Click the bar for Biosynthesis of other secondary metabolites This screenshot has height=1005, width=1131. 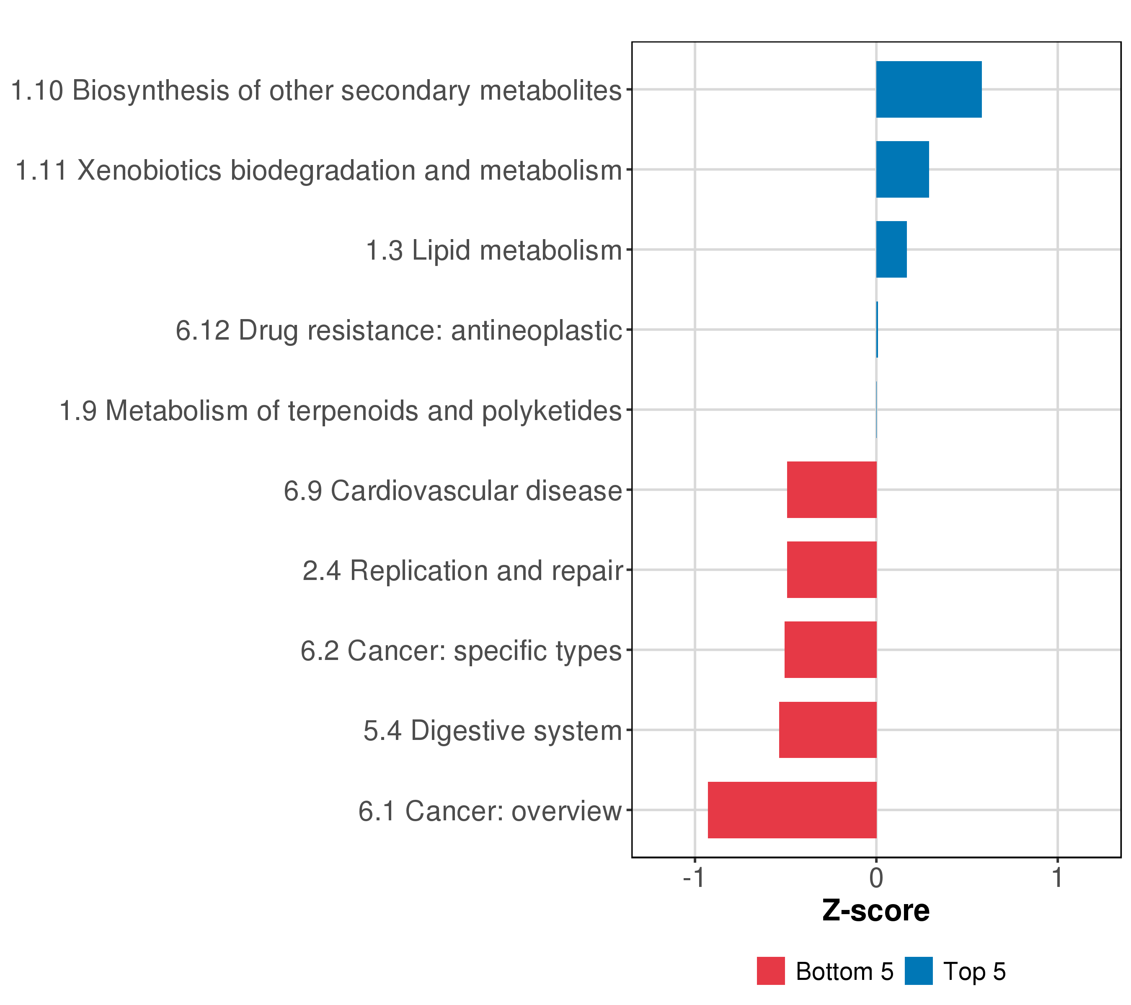(x=929, y=90)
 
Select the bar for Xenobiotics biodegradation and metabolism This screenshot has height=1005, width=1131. (x=902, y=169)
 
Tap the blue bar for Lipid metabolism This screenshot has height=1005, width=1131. (x=891, y=250)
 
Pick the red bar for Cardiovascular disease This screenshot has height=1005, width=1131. (x=831, y=490)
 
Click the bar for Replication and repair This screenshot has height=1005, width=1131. (x=831, y=569)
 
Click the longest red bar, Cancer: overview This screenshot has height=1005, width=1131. (x=792, y=810)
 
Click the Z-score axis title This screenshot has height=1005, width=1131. (x=876, y=911)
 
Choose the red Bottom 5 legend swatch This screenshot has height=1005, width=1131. (x=771, y=971)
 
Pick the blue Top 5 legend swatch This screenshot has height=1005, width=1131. (x=919, y=971)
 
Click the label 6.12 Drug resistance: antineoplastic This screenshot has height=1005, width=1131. (x=399, y=330)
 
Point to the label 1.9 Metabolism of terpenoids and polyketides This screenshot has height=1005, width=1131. (x=340, y=410)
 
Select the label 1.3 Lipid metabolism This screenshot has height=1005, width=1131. (x=494, y=250)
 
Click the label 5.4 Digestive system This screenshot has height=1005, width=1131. (x=493, y=731)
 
